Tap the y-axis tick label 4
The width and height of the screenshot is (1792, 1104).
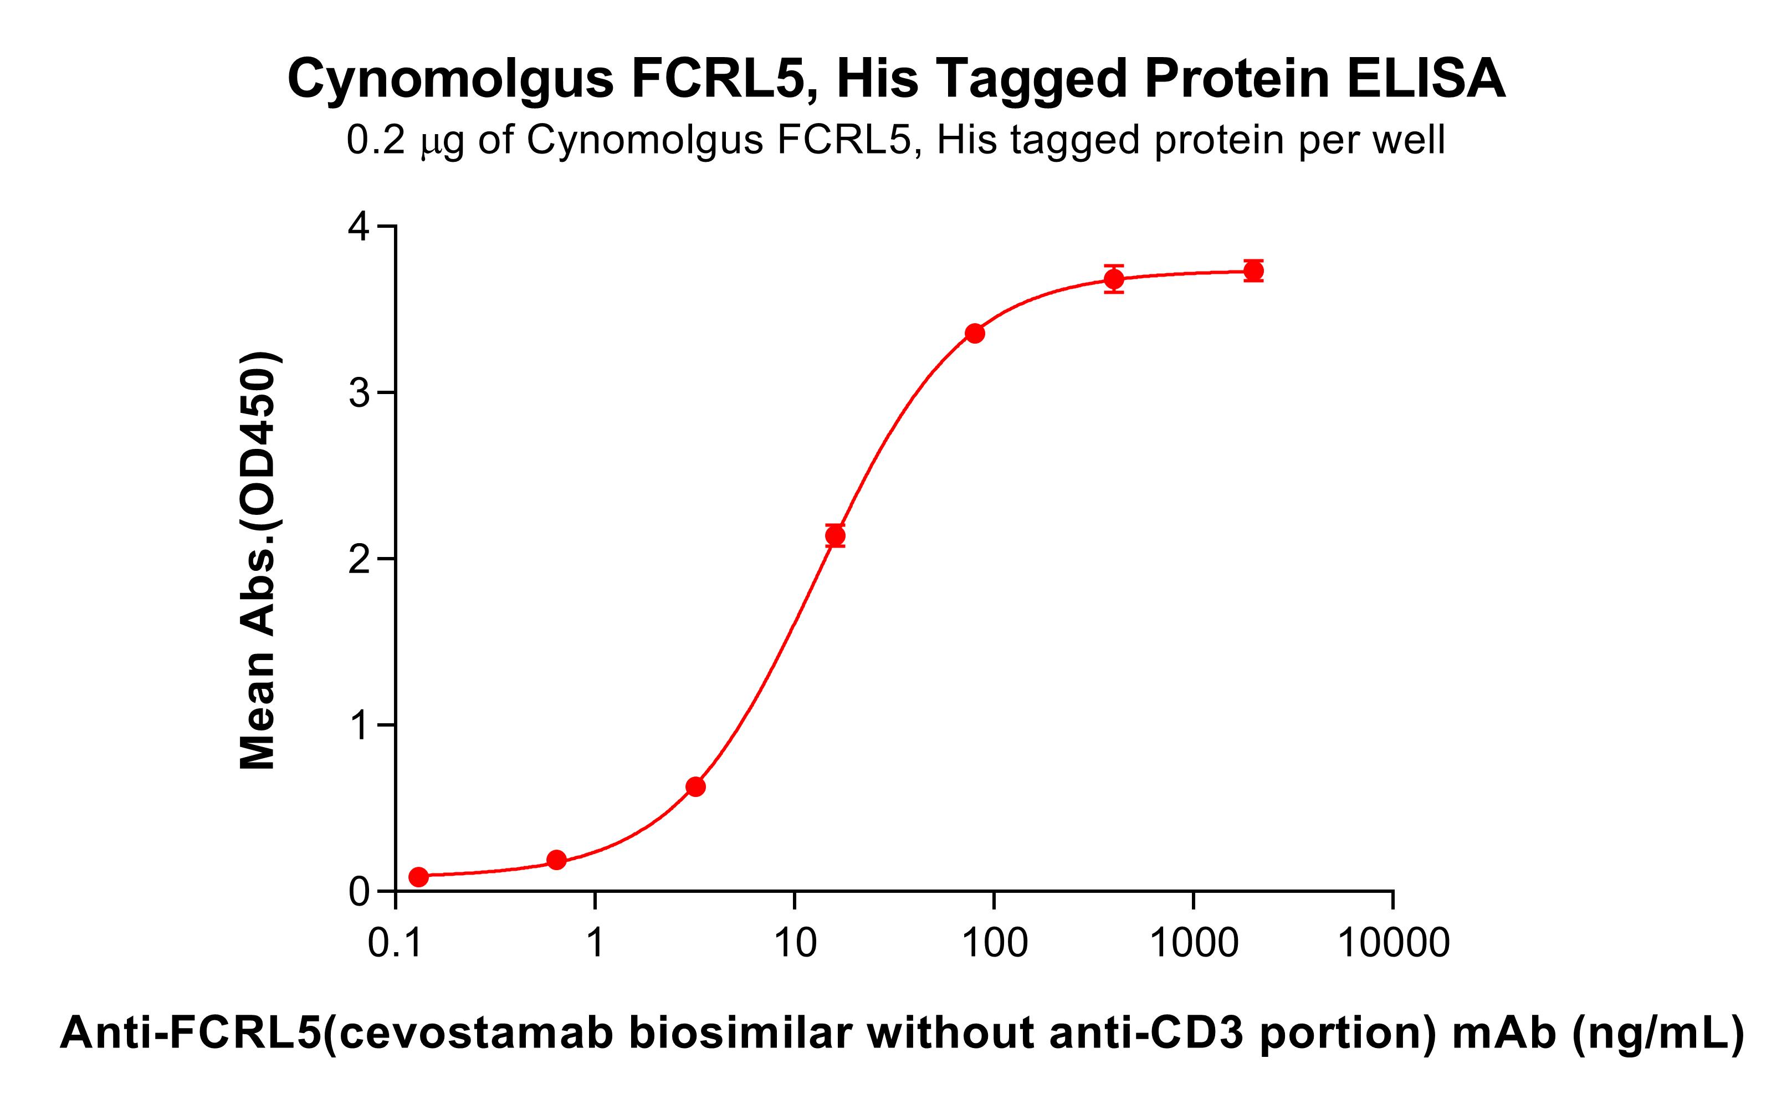pyautogui.click(x=359, y=227)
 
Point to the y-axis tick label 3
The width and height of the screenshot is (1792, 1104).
pyautogui.click(x=359, y=393)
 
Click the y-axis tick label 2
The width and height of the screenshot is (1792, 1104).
pyautogui.click(x=359, y=560)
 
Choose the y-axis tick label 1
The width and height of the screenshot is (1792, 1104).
pyautogui.click(x=359, y=727)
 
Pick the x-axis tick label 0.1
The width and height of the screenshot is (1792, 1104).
pyautogui.click(x=396, y=943)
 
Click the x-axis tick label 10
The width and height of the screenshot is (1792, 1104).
pyautogui.click(x=795, y=943)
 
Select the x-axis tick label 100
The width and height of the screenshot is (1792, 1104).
pyautogui.click(x=994, y=943)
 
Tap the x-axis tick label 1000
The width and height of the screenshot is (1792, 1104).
pyautogui.click(x=1194, y=943)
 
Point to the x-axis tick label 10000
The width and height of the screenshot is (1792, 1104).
pyautogui.click(x=1392, y=943)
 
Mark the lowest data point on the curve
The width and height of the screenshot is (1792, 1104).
pyautogui.click(x=418, y=877)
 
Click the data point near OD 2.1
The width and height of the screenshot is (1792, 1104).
pyautogui.click(x=835, y=536)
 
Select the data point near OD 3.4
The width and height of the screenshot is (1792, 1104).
pyautogui.click(x=975, y=334)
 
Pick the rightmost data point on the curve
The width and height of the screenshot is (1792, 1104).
pyautogui.click(x=1253, y=272)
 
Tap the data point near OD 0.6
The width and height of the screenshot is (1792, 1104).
pyautogui.click(x=695, y=786)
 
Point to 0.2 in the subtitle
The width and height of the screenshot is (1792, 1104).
pyautogui.click(x=375, y=140)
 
